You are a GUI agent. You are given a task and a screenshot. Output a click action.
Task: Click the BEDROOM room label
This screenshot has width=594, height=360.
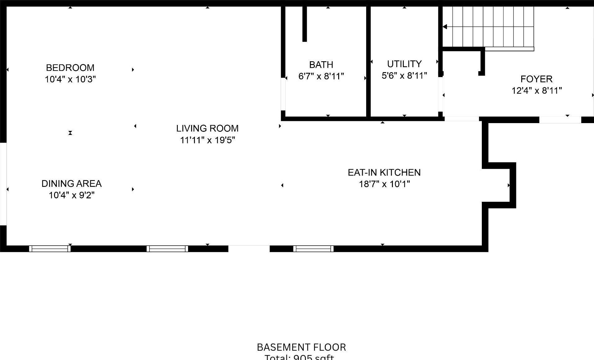pyautogui.click(x=70, y=67)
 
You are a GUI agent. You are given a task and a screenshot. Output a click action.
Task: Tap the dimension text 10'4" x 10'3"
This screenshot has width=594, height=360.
pyautogui.click(x=70, y=79)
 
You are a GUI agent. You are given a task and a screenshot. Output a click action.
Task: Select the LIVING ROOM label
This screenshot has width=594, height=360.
pyautogui.click(x=207, y=128)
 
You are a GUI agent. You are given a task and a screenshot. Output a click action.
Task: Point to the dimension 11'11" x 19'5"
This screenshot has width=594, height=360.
pyautogui.click(x=207, y=140)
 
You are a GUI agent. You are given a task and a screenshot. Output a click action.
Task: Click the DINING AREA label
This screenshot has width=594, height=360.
pyautogui.click(x=71, y=184)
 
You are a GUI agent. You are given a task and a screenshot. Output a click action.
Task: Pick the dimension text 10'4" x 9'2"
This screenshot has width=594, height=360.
pyautogui.click(x=71, y=195)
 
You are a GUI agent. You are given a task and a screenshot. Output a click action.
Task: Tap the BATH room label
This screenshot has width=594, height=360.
pyautogui.click(x=321, y=65)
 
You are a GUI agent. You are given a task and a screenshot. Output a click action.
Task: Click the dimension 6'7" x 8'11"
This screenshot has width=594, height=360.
pyautogui.click(x=321, y=76)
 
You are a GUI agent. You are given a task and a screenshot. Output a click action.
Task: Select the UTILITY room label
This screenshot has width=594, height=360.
pyautogui.click(x=404, y=64)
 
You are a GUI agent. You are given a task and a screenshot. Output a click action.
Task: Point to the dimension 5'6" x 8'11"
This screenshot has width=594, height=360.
pyautogui.click(x=404, y=76)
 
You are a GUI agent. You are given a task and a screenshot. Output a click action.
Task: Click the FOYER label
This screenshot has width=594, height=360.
pyautogui.click(x=536, y=79)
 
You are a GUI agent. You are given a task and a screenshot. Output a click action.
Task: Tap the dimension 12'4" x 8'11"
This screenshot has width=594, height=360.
pyautogui.click(x=536, y=90)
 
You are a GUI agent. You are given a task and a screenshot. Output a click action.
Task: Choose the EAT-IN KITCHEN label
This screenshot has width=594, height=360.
pyautogui.click(x=384, y=173)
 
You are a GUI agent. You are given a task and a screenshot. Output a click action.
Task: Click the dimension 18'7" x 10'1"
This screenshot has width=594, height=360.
pyautogui.click(x=384, y=184)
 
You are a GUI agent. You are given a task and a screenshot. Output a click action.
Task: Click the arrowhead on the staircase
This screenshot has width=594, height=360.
pyautogui.click(x=445, y=27)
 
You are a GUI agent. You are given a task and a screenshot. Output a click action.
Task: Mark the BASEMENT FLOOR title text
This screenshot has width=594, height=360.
pyautogui.click(x=301, y=347)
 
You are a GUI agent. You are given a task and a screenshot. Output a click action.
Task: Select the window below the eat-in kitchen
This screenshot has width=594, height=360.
pyautogui.click(x=313, y=249)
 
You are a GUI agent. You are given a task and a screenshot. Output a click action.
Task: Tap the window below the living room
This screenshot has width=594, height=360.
pyautogui.click(x=167, y=249)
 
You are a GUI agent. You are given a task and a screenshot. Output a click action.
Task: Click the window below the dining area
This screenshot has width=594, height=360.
pyautogui.click(x=50, y=249)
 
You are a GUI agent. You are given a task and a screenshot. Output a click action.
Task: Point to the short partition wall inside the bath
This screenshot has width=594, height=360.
pyautogui.click(x=305, y=24)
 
